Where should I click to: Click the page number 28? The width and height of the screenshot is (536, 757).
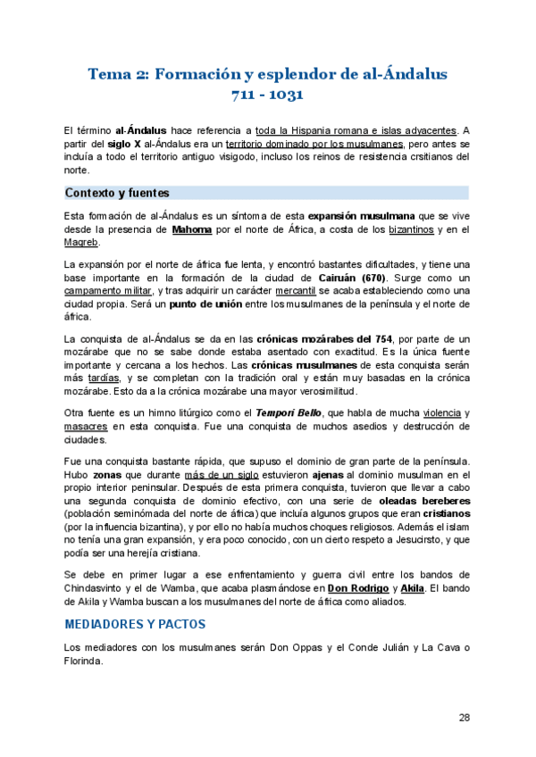click(x=464, y=717)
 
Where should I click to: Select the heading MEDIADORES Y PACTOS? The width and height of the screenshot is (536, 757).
click(x=135, y=623)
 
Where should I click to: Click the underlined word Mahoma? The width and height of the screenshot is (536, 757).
click(x=192, y=229)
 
